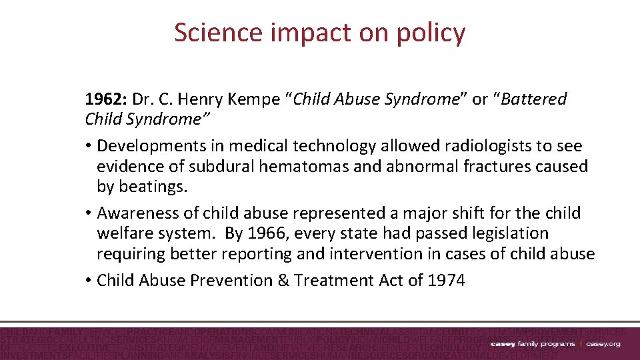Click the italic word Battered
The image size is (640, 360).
tap(534, 99)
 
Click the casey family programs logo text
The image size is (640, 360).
tap(532, 344)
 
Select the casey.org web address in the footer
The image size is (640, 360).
tap(603, 344)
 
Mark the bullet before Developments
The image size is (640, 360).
tap(89, 146)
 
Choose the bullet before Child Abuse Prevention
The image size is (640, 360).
tap(89, 281)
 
